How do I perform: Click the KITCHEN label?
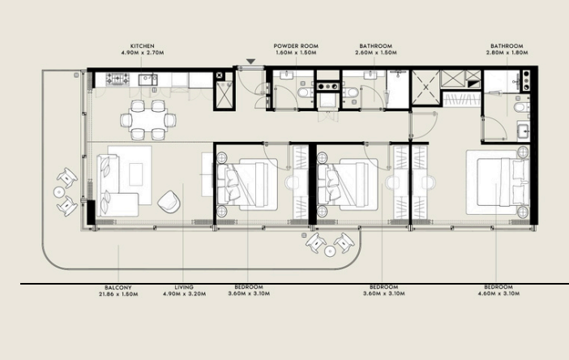coord(143,46)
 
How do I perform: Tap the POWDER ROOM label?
coord(296,46)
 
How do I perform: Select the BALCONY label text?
coord(118,287)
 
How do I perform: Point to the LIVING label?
coord(184,287)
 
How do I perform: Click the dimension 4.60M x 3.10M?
coord(498,294)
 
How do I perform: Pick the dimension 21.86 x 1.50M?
coord(118,294)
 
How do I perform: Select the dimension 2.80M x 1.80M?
coord(507,53)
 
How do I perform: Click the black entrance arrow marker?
coord(250,62)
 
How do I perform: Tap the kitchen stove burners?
coord(118,79)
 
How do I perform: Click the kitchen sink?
coord(148,79)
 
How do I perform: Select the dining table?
coord(148,120)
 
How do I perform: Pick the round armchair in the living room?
coord(169,201)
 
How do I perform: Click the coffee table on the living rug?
coord(136,174)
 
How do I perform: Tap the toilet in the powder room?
coord(304,92)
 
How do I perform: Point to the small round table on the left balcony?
coord(59,192)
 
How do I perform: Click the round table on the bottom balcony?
coord(330,251)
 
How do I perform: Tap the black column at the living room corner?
coord(91,212)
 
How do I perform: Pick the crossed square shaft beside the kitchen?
coord(224,96)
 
